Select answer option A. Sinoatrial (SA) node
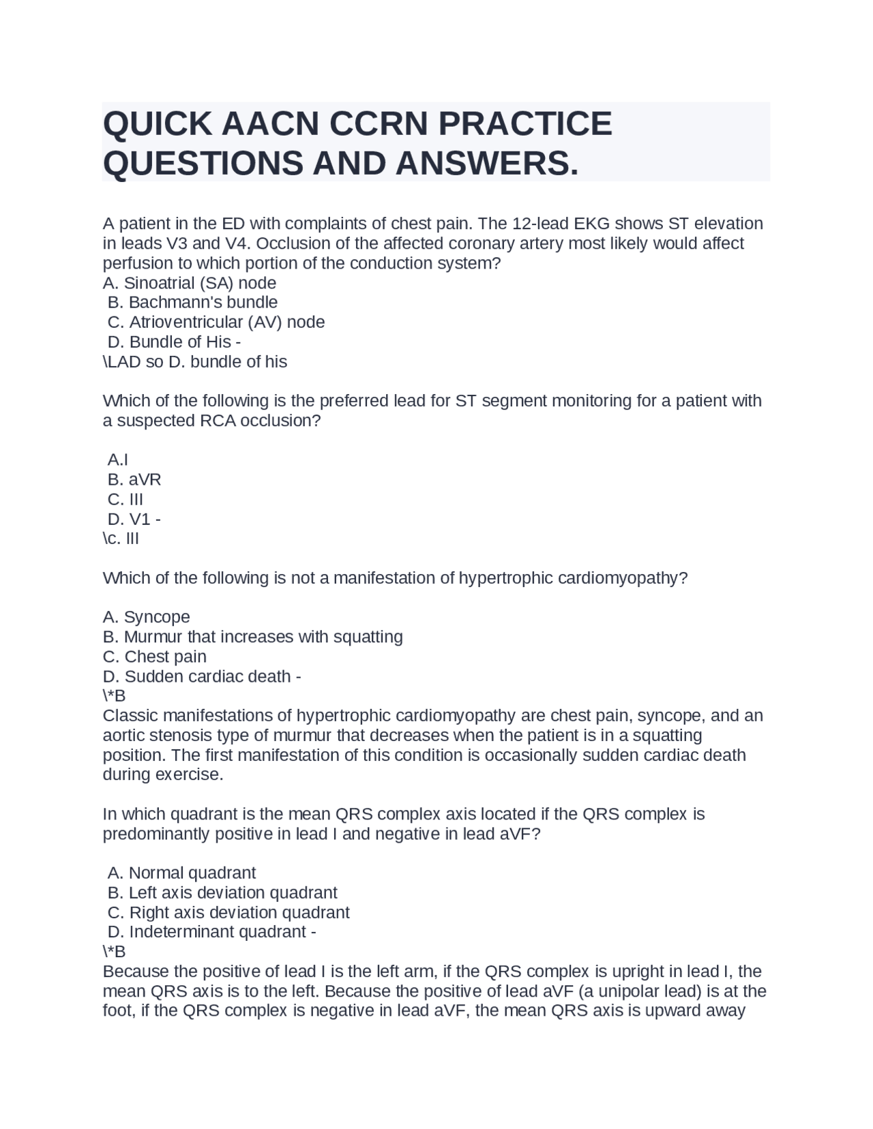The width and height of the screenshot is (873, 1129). point(190,283)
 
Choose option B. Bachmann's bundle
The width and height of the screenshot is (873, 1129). point(192,302)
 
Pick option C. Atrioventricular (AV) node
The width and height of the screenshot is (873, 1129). point(216,322)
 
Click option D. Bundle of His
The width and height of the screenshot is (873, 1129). point(174,342)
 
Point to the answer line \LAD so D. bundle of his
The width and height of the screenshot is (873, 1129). point(195,361)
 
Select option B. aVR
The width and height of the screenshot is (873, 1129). point(134,479)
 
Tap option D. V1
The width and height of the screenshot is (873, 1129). point(134,519)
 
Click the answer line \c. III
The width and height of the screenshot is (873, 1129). point(121,539)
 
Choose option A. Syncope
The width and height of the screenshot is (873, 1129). point(147,617)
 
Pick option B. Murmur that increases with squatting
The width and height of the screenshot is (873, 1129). point(253,637)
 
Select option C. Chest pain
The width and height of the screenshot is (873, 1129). point(155,657)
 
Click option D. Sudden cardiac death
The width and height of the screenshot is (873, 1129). point(202,676)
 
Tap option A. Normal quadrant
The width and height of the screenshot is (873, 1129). point(181,873)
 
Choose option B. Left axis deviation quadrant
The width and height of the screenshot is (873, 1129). point(222,892)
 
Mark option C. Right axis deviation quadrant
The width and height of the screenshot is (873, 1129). point(228,912)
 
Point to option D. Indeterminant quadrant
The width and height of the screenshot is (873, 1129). point(211,931)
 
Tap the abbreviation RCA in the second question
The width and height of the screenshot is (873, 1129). point(218,421)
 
